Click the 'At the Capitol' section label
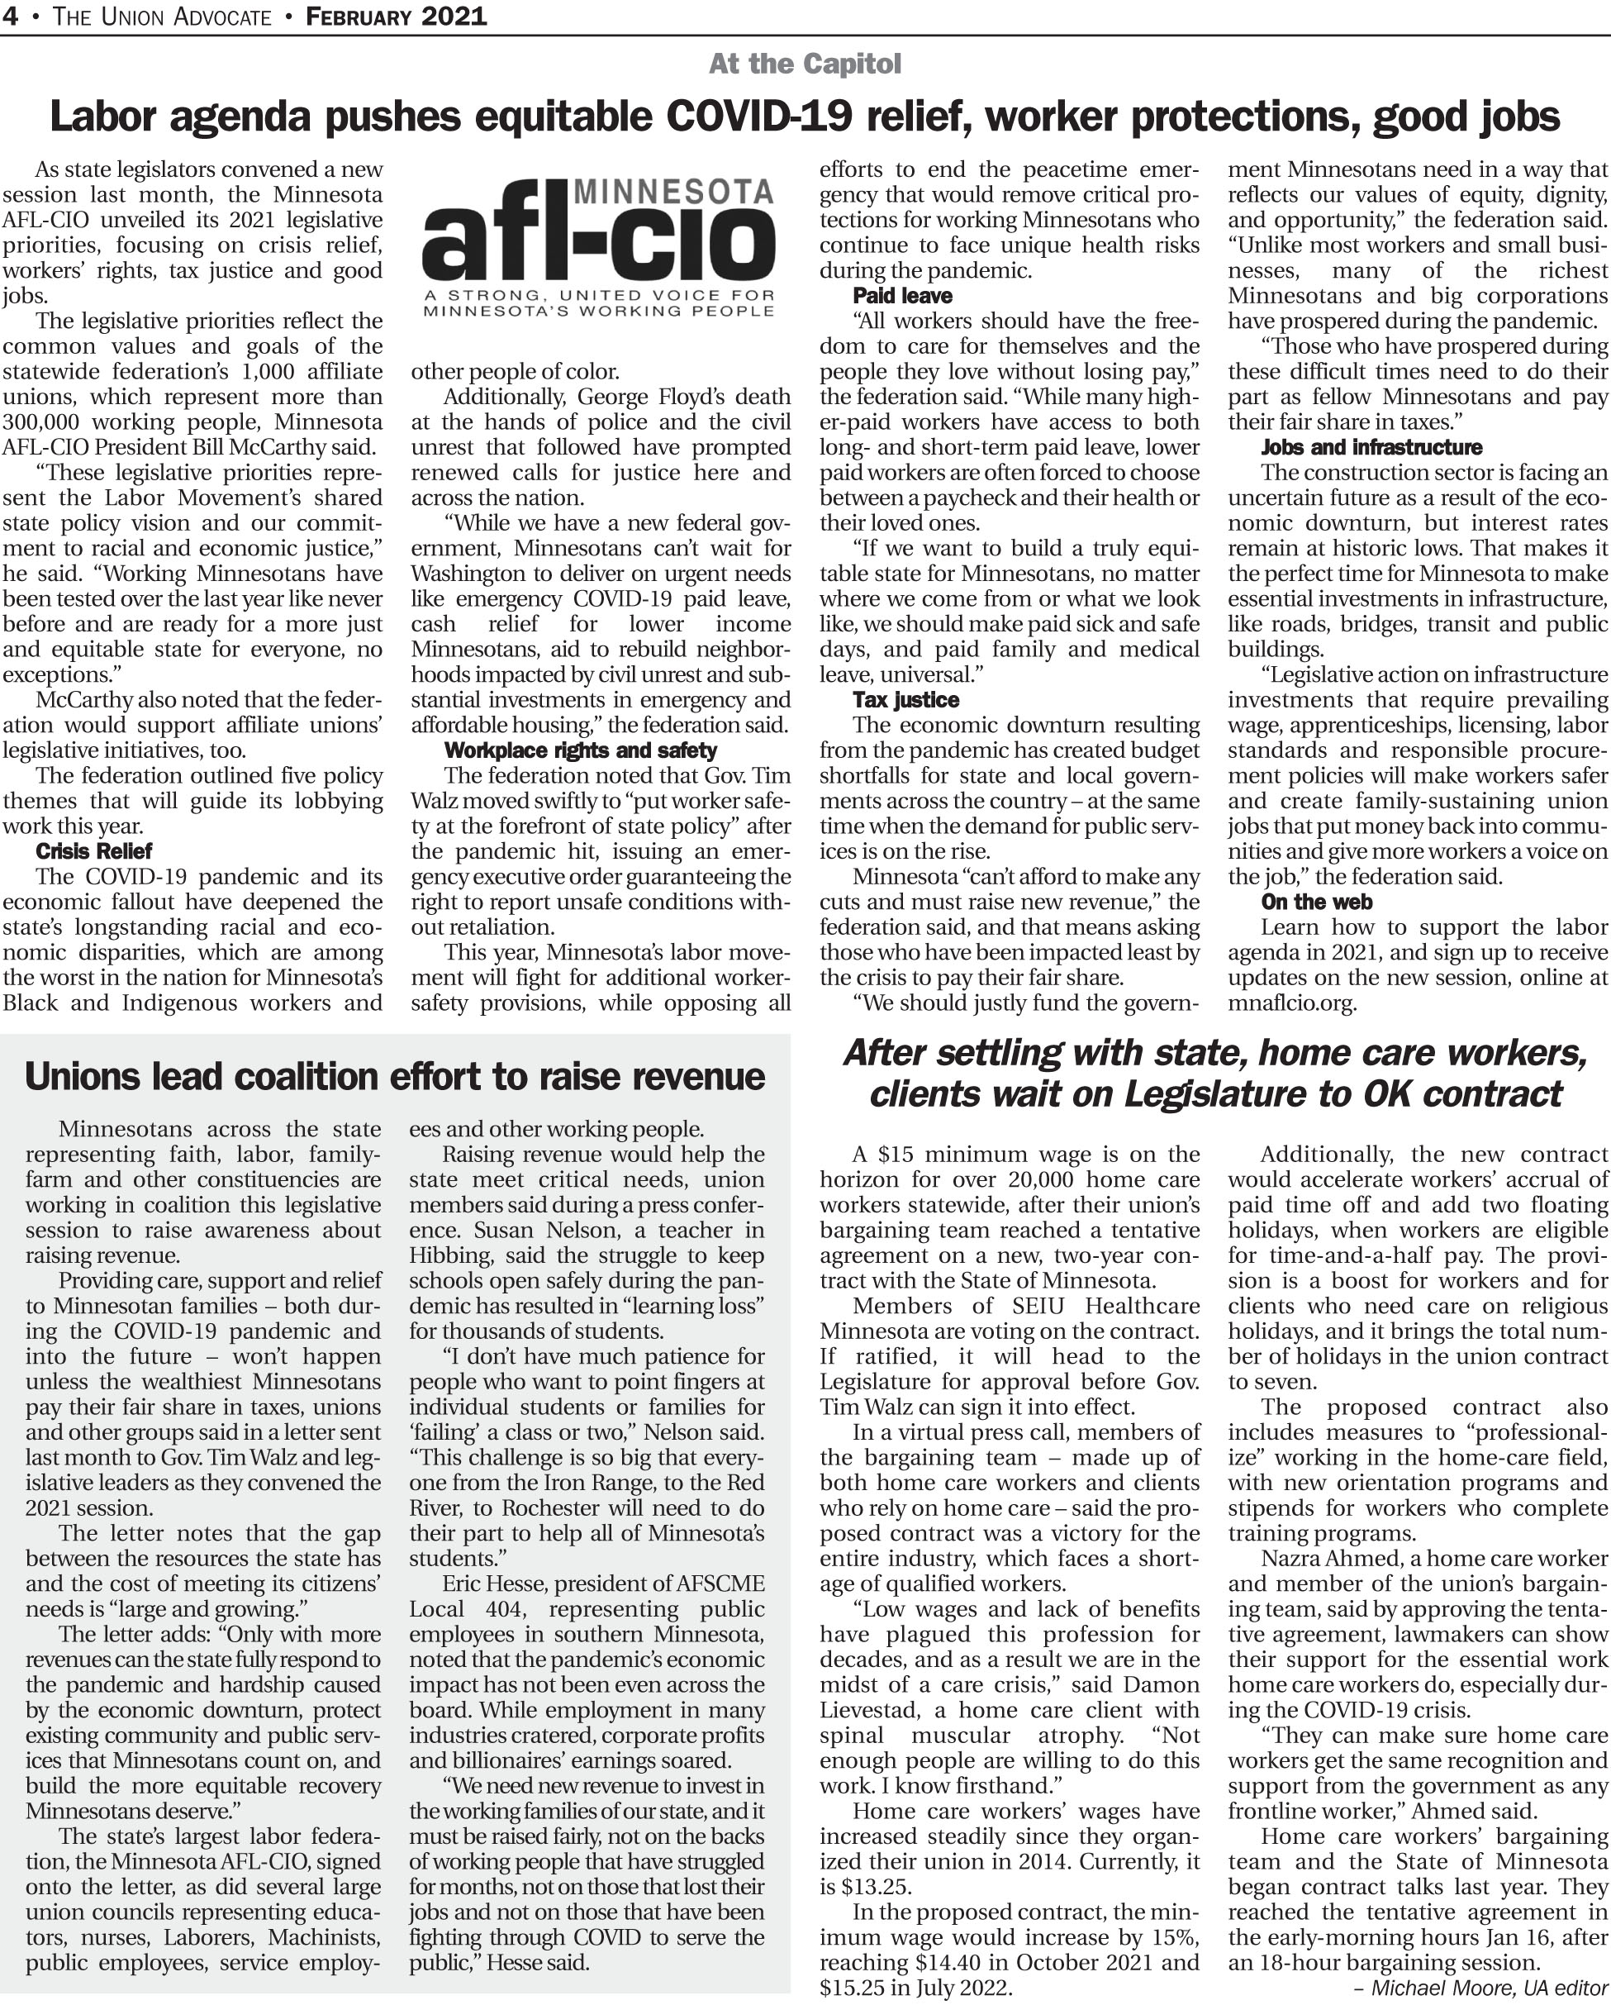click(x=804, y=64)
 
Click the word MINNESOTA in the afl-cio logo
click(x=674, y=193)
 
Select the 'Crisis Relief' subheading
click(x=94, y=851)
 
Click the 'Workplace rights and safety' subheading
click(x=580, y=750)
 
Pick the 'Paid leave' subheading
click(x=901, y=296)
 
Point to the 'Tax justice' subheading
click(x=905, y=700)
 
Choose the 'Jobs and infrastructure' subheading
click(x=1371, y=447)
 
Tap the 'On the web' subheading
click(x=1316, y=902)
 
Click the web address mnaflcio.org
click(x=1291, y=1003)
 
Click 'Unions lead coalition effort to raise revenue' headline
click(x=394, y=1077)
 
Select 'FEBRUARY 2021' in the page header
click(x=396, y=17)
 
